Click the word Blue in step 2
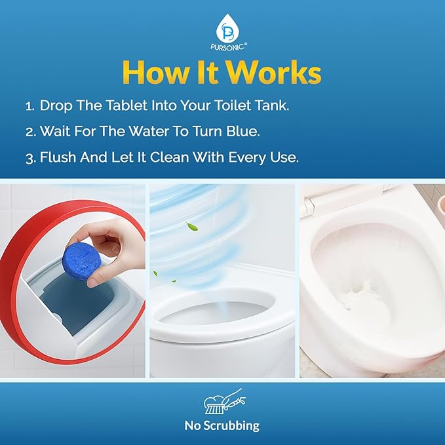point(243,131)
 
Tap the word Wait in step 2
point(55,131)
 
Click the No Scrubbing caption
point(222,425)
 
